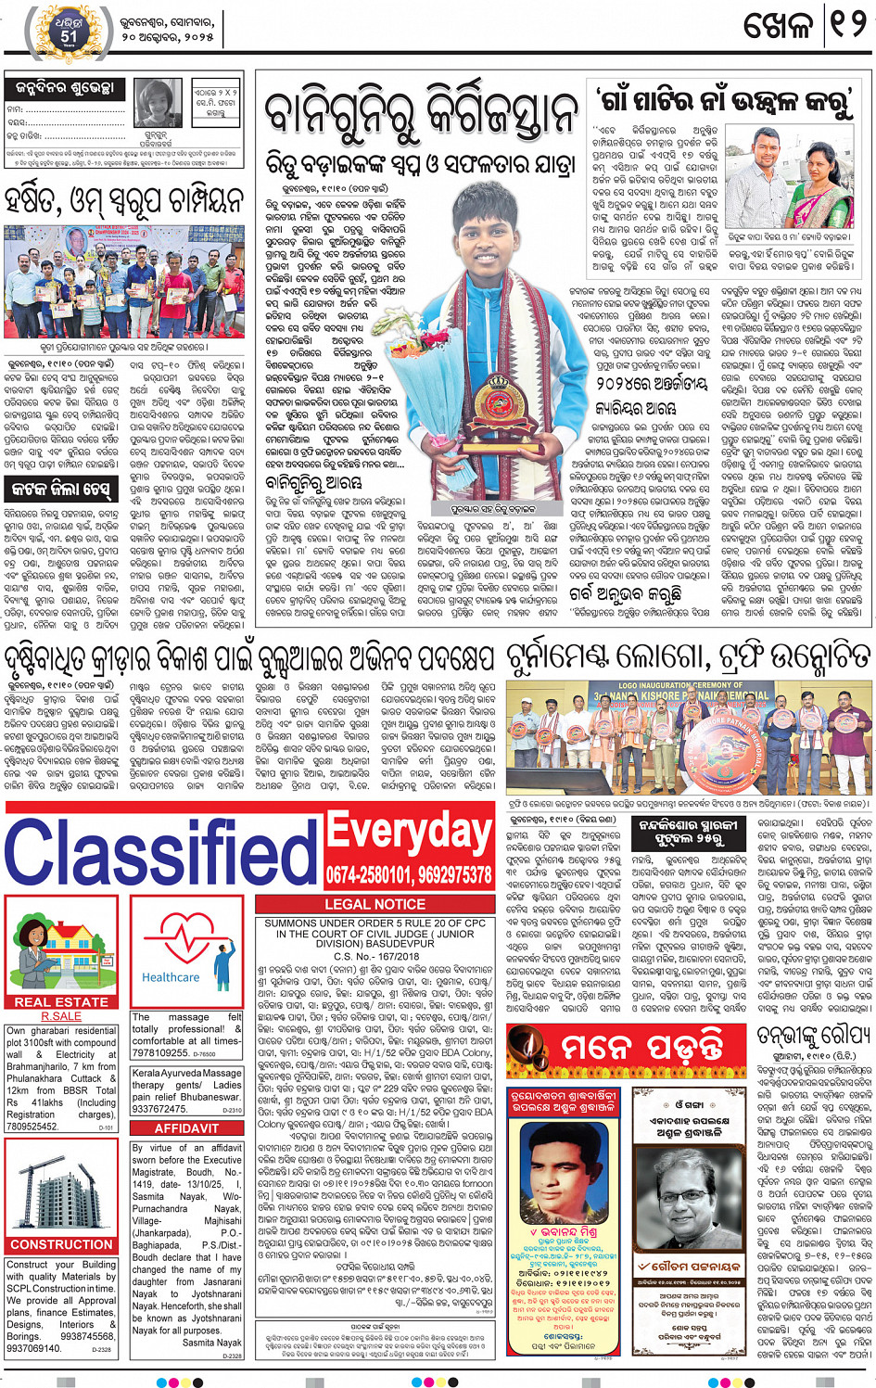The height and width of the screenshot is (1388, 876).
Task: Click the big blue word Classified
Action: coord(161,851)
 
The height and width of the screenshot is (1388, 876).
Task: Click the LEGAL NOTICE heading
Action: coord(375,904)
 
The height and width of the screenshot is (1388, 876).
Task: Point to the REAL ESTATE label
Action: coord(61,1001)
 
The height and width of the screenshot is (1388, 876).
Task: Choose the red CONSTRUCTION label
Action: coord(61,1244)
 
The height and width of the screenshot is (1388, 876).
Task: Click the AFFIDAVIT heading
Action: coord(186,1128)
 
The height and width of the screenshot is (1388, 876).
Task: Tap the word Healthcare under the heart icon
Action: coord(171,976)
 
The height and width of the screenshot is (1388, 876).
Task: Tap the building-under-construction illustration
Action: coord(61,1189)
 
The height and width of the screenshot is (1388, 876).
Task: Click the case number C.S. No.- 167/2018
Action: coord(374,956)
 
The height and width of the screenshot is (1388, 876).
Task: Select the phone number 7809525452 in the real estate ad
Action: coord(32,1127)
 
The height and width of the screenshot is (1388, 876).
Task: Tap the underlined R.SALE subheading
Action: coord(61,1016)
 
